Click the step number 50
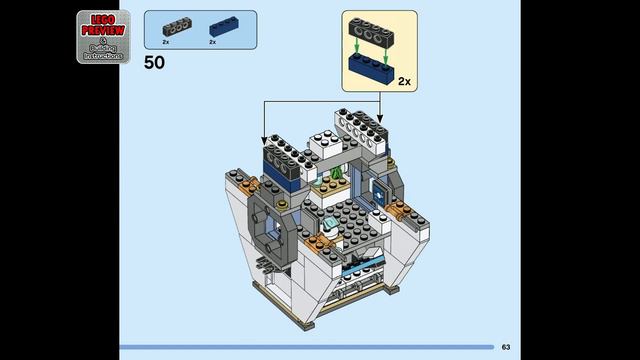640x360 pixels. click(x=154, y=62)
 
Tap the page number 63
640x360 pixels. click(x=506, y=347)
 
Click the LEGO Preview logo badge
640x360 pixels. click(x=103, y=38)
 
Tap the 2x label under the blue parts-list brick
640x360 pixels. click(x=212, y=42)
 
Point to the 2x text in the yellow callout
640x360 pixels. click(x=404, y=80)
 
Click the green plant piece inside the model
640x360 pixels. click(x=337, y=177)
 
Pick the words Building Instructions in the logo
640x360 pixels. click(x=103, y=53)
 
